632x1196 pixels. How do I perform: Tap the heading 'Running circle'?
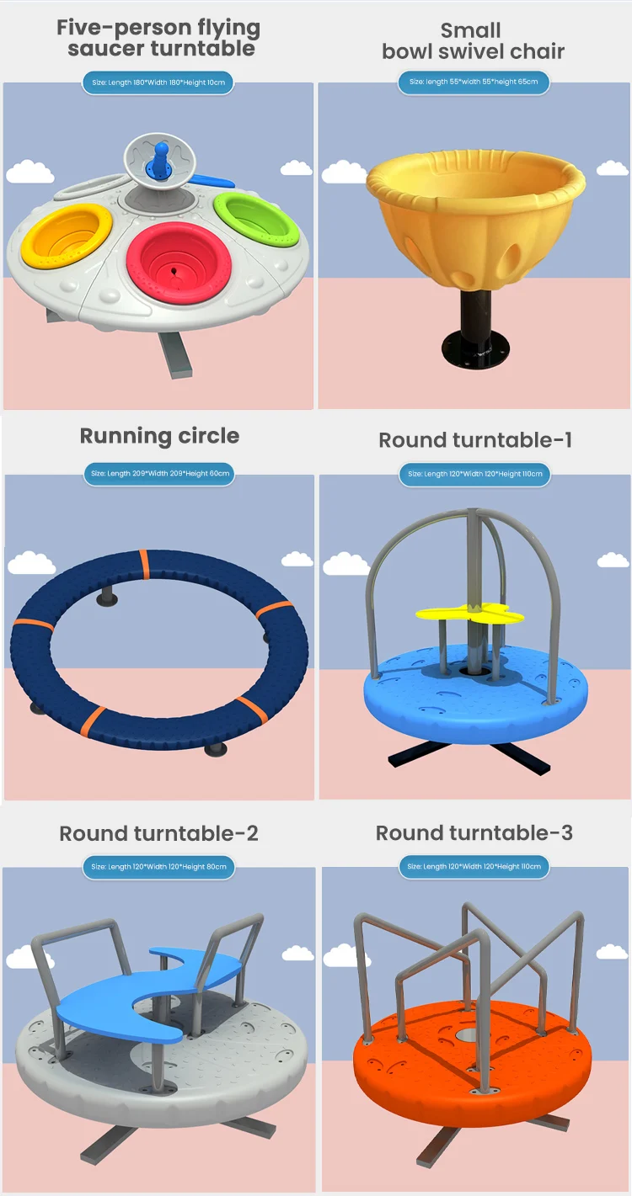point(159,436)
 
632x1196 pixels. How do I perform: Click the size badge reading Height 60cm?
point(159,474)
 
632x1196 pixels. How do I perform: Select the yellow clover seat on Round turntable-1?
point(469,614)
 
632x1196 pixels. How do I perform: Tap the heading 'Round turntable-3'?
point(474,833)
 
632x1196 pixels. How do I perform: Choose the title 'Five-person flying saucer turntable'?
point(158,38)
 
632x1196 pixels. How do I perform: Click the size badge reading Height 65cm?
point(474,82)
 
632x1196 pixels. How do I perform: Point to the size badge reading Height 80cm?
point(158,866)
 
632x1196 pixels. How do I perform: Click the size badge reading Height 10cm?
point(158,82)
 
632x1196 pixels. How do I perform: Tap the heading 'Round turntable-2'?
point(158,834)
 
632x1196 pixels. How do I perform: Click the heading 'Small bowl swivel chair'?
point(474,40)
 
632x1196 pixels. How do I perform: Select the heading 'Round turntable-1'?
point(474,440)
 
